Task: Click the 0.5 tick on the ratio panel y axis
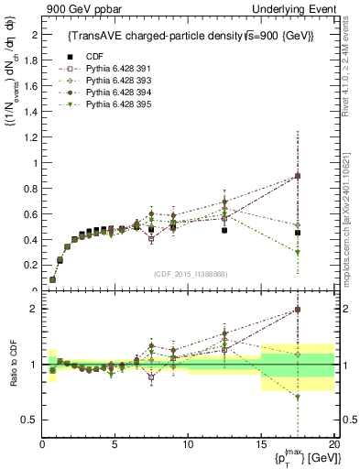[x=30, y=420]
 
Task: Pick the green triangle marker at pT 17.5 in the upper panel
[x=297, y=252]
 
